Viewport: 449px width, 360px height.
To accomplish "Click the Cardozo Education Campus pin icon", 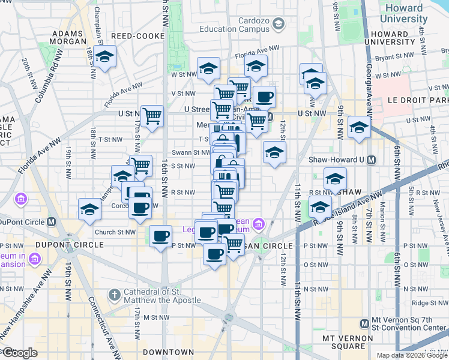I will pos(278,23).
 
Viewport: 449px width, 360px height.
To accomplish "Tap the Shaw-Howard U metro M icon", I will pos(372,160).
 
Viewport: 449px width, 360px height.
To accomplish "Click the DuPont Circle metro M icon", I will pos(52,221).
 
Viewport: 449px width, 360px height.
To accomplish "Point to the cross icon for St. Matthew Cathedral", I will pos(115,295).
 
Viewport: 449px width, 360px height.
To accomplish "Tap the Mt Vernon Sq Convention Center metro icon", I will pos(364,324).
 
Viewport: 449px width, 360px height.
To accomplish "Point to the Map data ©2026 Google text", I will pos(412,355).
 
